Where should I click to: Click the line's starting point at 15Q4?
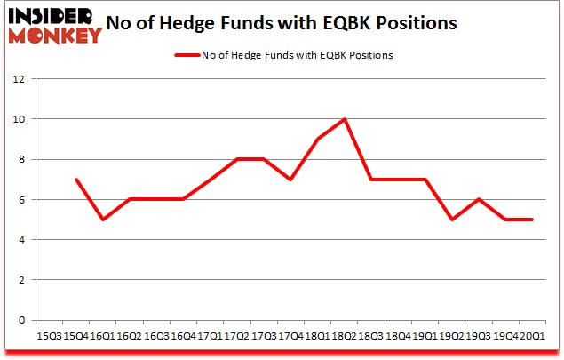point(77,179)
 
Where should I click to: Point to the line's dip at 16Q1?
point(102,219)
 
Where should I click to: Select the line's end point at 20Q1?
point(532,219)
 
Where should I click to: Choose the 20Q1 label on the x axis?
point(532,337)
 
